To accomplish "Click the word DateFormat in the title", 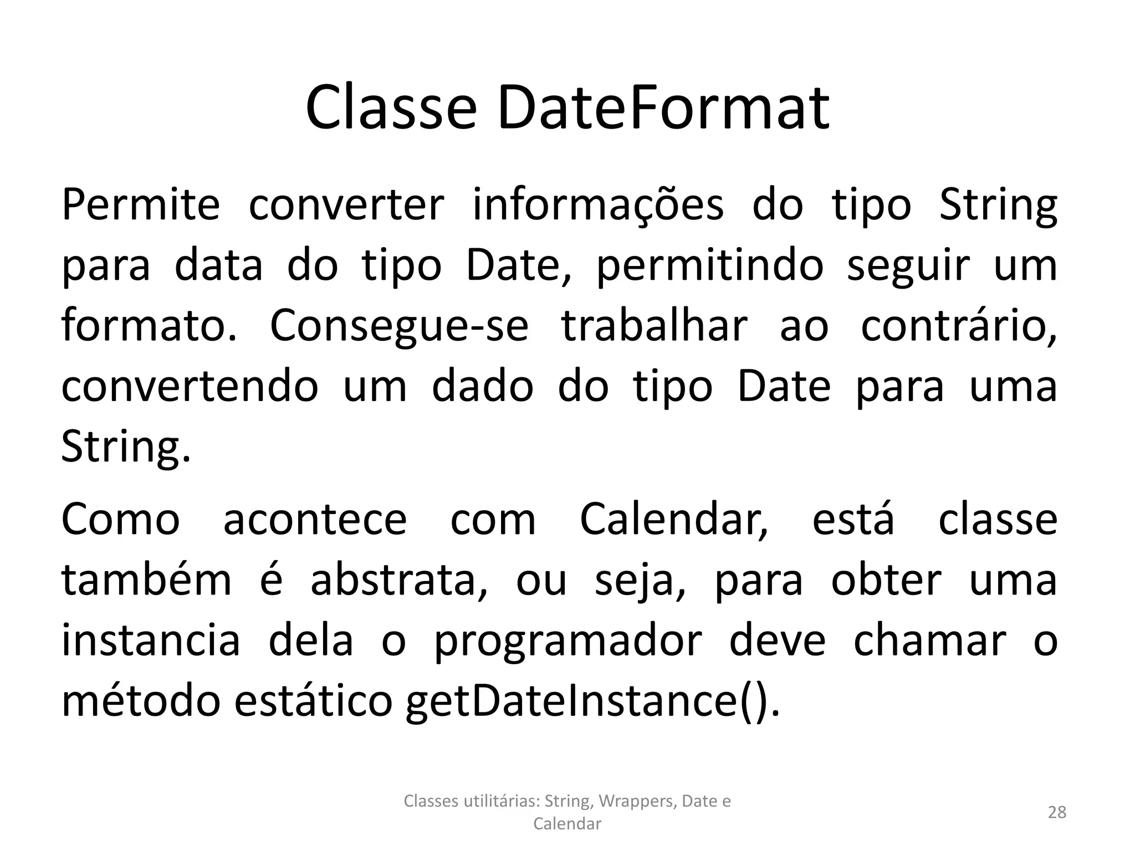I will tap(663, 107).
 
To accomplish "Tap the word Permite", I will tap(141, 206).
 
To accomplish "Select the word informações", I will tap(598, 206).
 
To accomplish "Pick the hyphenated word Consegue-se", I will tap(399, 326).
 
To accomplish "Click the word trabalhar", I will tap(655, 326).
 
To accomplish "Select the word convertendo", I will tap(190, 386).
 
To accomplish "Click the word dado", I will tap(482, 386).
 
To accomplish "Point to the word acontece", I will tap(315, 520).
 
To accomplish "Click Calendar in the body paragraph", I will tap(674, 520).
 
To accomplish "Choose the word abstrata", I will tap(399, 581).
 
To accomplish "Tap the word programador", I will tap(567, 642).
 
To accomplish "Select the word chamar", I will tap(929, 642).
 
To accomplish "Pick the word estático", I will tap(313, 701).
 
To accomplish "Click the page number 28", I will tap(1057, 812).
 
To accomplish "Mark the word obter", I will tap(886, 581).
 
